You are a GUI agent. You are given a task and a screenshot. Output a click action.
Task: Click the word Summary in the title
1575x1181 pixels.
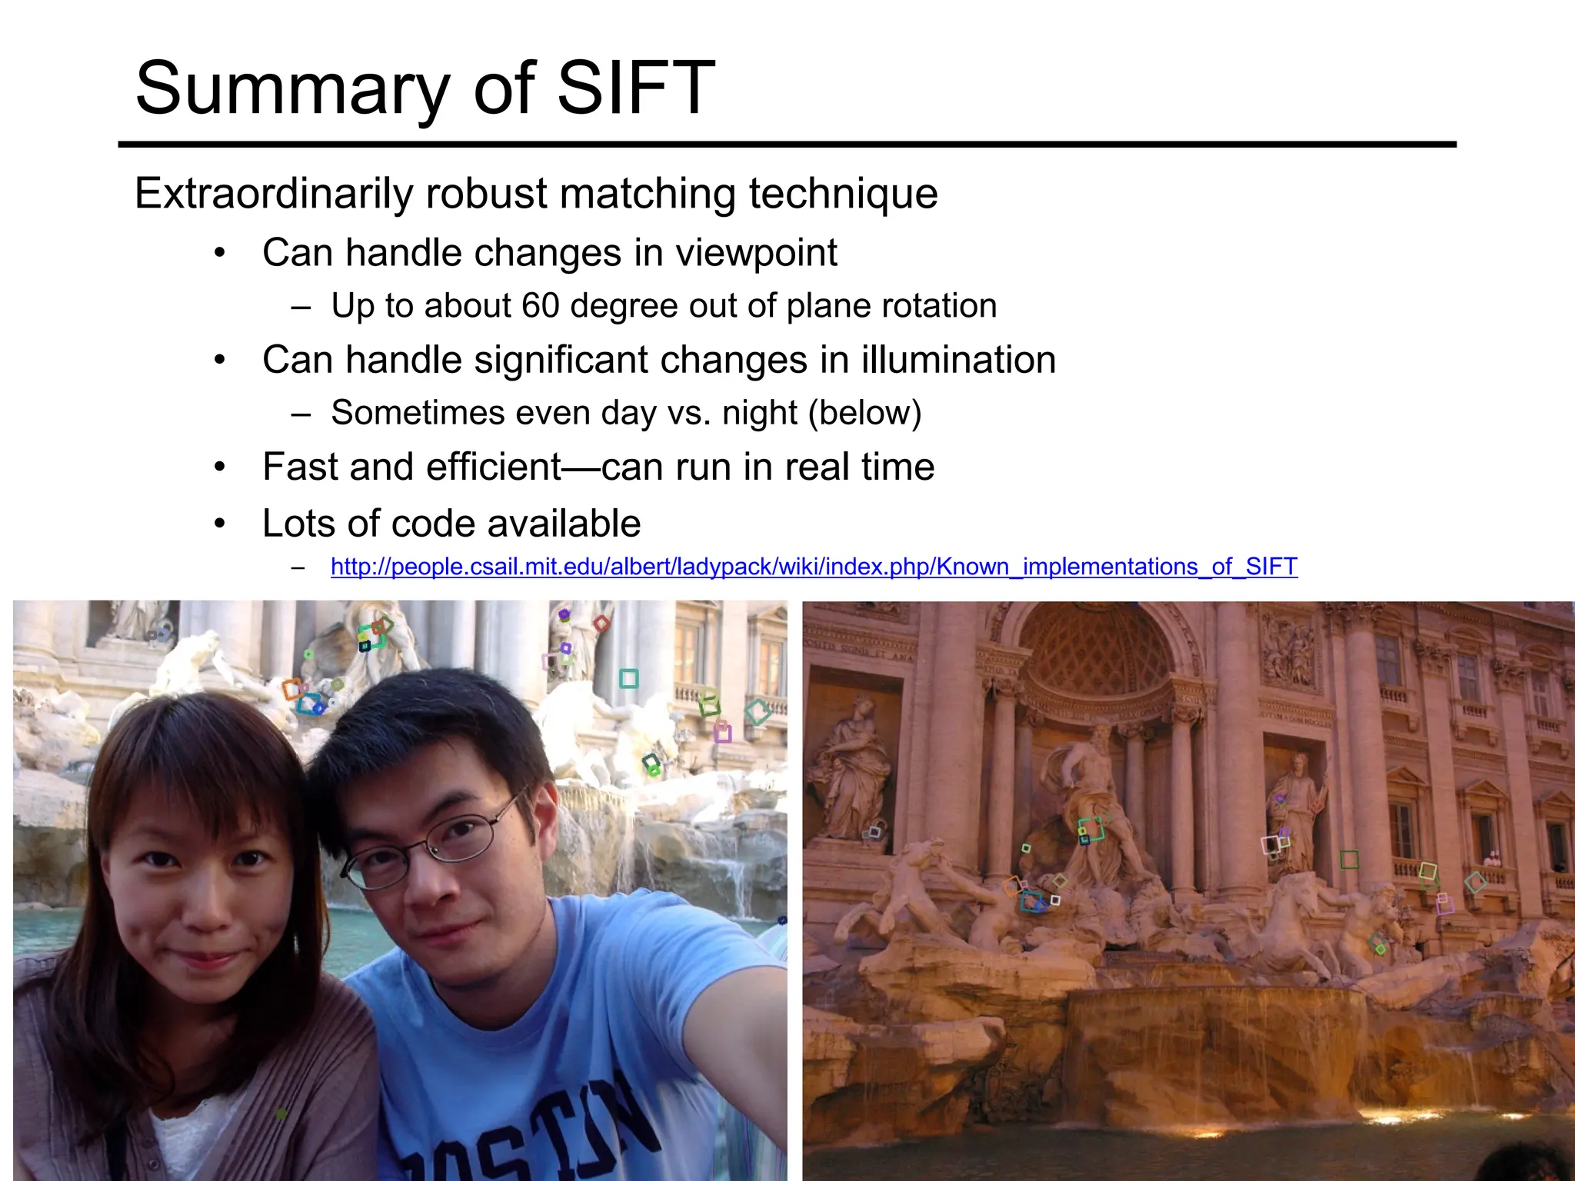[x=292, y=91]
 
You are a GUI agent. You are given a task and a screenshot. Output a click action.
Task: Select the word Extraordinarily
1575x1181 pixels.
[x=275, y=193]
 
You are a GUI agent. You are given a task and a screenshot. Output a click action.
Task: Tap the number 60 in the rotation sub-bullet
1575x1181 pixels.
[x=540, y=306]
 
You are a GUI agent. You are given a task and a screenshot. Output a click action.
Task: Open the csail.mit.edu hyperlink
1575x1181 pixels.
[x=814, y=567]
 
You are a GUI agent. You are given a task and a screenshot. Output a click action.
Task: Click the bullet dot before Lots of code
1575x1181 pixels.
[x=220, y=524]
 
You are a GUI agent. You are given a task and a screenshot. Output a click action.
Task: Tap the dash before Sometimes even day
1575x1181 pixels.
[x=301, y=414]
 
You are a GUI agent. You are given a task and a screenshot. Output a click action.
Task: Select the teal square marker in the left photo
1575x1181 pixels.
[x=628, y=678]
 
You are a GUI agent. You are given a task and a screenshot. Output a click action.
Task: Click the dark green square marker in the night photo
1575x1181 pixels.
[x=1349, y=859]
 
